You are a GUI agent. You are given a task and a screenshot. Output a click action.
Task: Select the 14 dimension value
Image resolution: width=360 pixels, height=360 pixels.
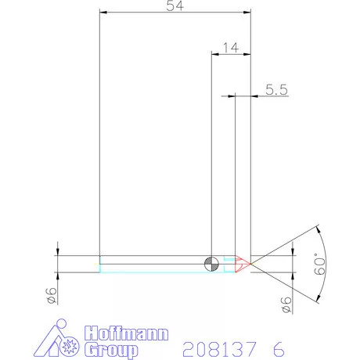pyautogui.click(x=231, y=47)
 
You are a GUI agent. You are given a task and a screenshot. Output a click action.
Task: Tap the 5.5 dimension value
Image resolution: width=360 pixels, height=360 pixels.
pyautogui.click(x=276, y=90)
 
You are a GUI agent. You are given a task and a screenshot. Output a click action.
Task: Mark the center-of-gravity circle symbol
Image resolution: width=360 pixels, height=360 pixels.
pyautogui.click(x=211, y=262)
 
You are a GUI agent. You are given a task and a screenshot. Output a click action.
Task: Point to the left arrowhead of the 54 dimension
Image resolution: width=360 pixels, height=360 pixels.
pyautogui.click(x=103, y=12)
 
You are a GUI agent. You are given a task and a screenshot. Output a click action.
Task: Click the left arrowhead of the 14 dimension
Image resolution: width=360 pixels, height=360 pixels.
pyautogui.click(x=215, y=53)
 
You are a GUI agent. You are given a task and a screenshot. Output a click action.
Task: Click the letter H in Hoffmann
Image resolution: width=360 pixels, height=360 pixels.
pyautogui.click(x=88, y=332)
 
